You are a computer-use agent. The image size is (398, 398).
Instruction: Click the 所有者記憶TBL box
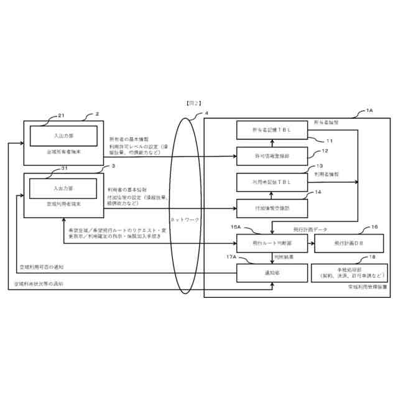pos(272,130)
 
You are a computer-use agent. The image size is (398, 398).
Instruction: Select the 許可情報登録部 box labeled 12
pos(272,156)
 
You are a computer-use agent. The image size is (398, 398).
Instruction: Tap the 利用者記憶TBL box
pos(272,182)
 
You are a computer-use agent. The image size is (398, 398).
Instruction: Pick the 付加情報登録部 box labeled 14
pos(272,208)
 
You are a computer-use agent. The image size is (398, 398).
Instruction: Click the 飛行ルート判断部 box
pos(272,243)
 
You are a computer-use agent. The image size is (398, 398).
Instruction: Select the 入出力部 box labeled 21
pos(62,135)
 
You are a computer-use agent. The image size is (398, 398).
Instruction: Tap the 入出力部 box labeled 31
pos(62,187)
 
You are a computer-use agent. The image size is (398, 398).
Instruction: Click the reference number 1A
pos(369,110)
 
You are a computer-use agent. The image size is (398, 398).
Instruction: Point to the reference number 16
pos(374,228)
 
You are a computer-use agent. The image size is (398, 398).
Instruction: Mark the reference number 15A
pos(235,228)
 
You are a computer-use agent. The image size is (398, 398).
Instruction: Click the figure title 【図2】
pos(193,102)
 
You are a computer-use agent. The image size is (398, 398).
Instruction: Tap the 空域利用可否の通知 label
pos(42,266)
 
